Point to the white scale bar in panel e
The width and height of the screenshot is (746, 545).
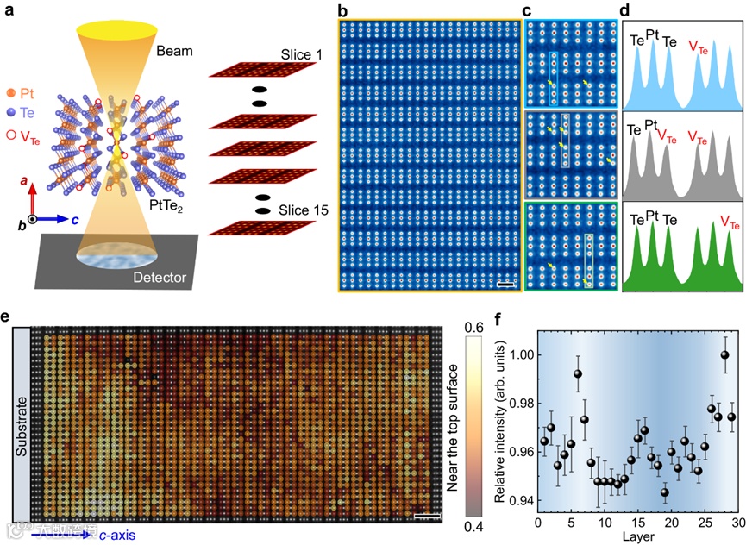pos(427,516)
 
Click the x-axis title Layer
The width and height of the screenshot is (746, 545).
pos(638,536)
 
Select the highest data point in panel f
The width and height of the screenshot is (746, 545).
pos(724,354)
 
